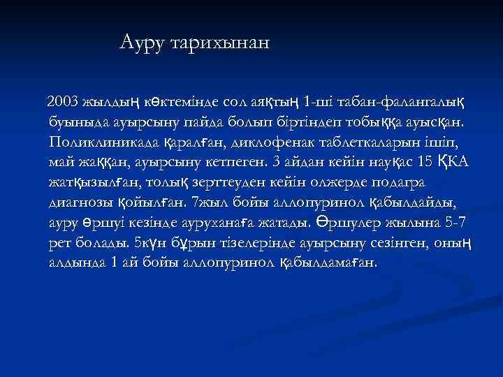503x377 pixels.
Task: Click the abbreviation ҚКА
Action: coord(454,163)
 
